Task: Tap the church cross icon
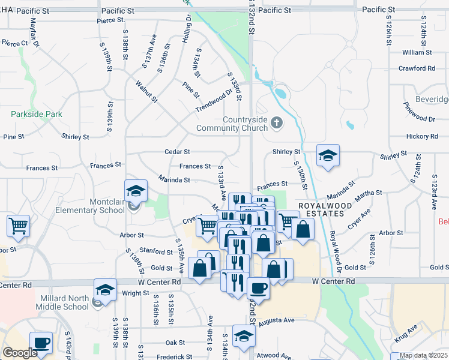pyautogui.click(x=277, y=123)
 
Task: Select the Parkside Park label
pyautogui.click(x=36, y=113)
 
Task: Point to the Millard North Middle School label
pyautogui.click(x=64, y=302)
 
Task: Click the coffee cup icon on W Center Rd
pyautogui.click(x=258, y=288)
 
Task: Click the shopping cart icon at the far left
pyautogui.click(x=19, y=226)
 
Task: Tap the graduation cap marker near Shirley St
pyautogui.click(x=328, y=155)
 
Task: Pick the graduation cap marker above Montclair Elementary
pyautogui.click(x=136, y=190)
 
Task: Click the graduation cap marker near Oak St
pyautogui.click(x=243, y=336)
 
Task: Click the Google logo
pyautogui.click(x=20, y=353)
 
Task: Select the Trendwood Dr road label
pyautogui.click(x=213, y=101)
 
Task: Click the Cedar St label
pyautogui.click(x=178, y=152)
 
